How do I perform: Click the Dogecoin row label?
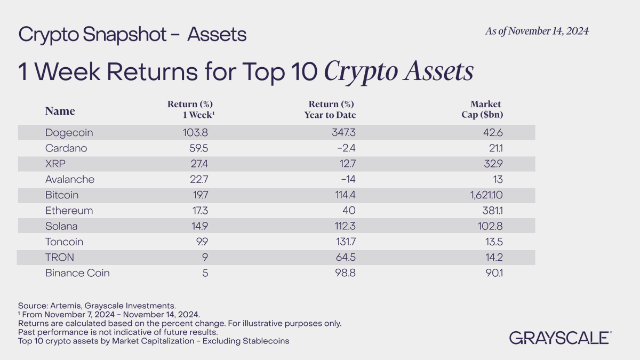pyautogui.click(x=69, y=133)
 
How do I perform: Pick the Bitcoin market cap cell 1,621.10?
pyautogui.click(x=483, y=195)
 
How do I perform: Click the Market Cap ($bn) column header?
pyautogui.click(x=484, y=109)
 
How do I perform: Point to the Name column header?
pyautogui.click(x=60, y=111)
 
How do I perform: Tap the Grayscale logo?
pyautogui.click(x=560, y=338)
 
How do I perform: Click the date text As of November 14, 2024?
pyautogui.click(x=537, y=31)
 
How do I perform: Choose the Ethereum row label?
pyautogui.click(x=69, y=211)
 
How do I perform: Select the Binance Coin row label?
pyautogui.click(x=77, y=273)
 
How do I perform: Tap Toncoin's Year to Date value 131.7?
pyautogui.click(x=344, y=242)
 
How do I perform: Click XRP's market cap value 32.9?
pyautogui.click(x=493, y=164)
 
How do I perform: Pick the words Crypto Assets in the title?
pyautogui.click(x=398, y=71)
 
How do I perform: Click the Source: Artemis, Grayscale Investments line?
pyautogui.click(x=97, y=306)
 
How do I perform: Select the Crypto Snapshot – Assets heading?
pyautogui.click(x=132, y=35)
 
